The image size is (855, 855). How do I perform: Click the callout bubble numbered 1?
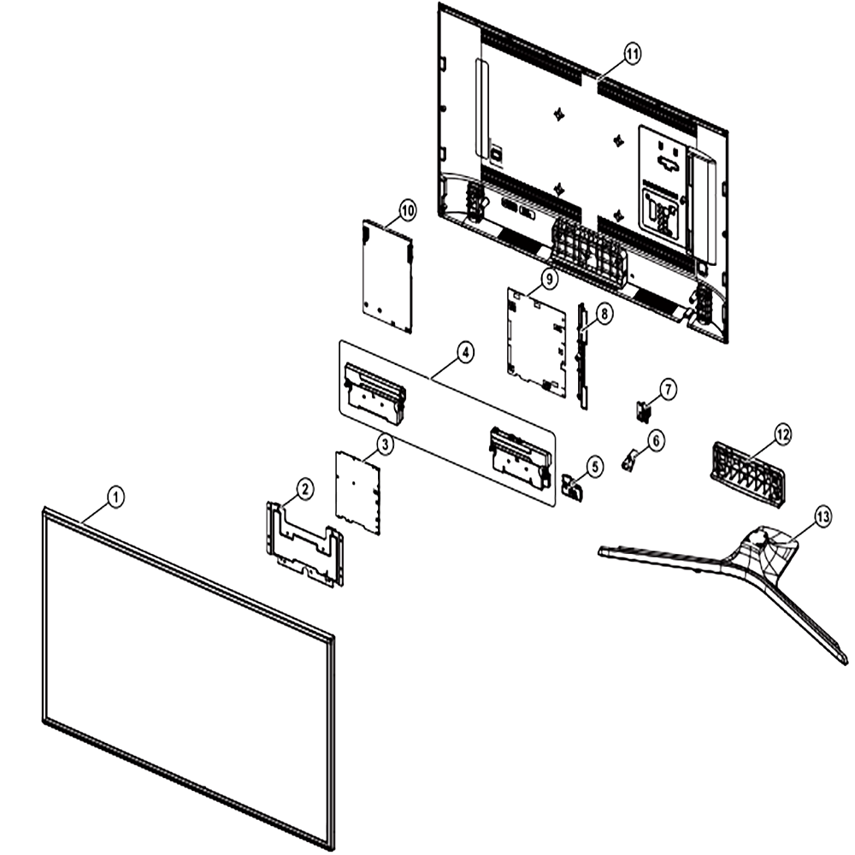pos(115,497)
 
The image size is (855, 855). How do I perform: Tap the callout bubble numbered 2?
pos(305,489)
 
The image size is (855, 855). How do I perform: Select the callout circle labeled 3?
pos(385,445)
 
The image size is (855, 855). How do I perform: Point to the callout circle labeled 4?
pos(465,353)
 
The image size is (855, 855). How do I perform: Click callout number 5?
pos(594,466)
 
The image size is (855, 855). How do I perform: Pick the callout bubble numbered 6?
pos(655,440)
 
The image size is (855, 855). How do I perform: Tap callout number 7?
pos(668,389)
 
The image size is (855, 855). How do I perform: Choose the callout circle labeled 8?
pos(604,314)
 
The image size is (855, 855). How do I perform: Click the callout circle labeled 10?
pos(407,210)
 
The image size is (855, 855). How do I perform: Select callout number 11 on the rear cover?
pos(632,54)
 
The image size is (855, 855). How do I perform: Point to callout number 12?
pos(782,434)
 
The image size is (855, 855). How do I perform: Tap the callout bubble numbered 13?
pos(823,516)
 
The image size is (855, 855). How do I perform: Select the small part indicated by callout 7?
pos(644,411)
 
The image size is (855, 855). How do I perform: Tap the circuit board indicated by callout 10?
pos(387,276)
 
